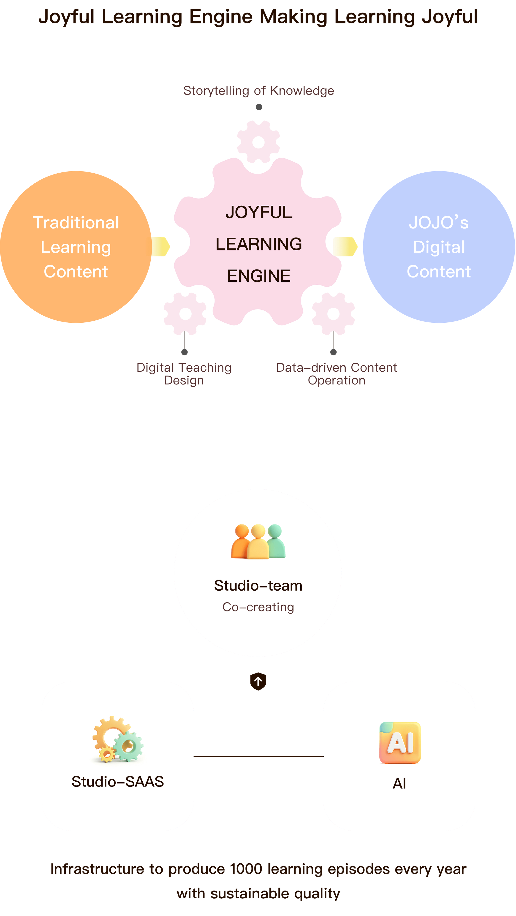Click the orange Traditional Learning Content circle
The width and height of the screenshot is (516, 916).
[x=76, y=247]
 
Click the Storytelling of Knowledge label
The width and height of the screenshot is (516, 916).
[x=258, y=91]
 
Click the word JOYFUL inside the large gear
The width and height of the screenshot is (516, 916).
[x=258, y=212]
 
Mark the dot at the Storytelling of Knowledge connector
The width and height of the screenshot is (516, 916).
[x=259, y=107]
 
